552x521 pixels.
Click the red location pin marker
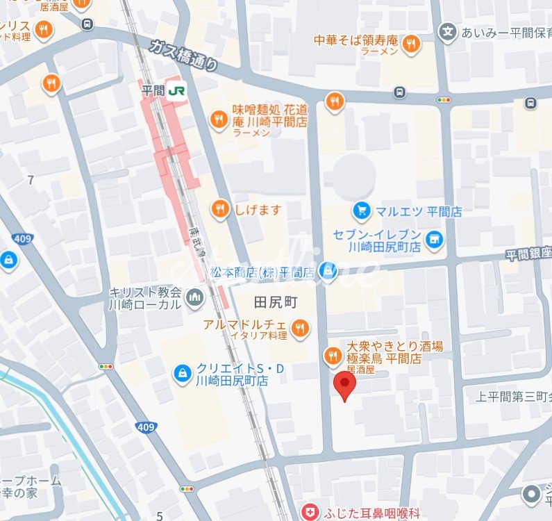344,384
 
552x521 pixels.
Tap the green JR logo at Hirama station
180,90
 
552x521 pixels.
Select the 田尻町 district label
276,303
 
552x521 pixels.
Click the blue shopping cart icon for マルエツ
360,209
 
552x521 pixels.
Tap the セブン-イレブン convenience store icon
435,240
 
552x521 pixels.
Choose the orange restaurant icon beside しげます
220,209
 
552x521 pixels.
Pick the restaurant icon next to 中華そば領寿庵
411,44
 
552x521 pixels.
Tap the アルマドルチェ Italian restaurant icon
300,328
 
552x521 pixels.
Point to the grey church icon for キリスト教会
195,298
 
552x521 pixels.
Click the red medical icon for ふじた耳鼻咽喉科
309,513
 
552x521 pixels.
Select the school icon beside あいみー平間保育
449,32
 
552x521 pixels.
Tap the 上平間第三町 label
513,397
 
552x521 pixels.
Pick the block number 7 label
31,181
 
